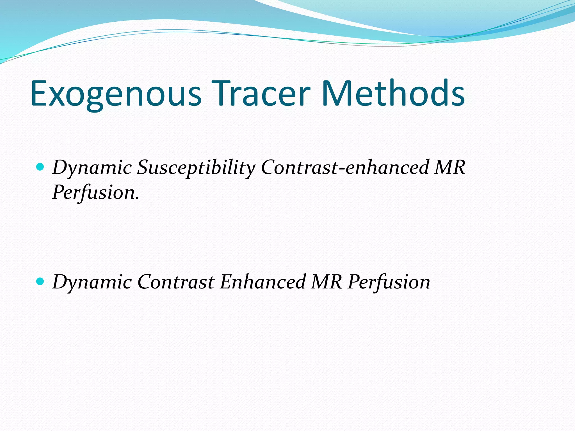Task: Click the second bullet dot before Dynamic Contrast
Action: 40,281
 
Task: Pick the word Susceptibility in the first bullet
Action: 196,168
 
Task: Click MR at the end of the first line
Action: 449,168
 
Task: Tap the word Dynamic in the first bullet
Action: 92,168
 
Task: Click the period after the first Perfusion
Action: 137,199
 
